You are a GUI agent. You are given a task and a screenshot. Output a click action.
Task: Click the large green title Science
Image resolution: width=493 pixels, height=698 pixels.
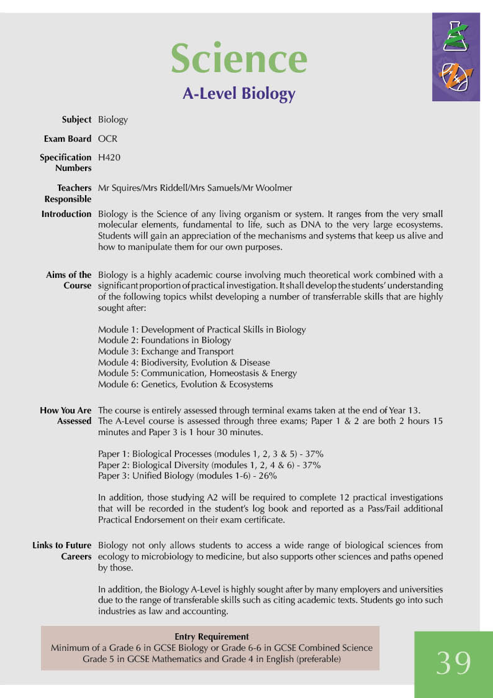(x=239, y=58)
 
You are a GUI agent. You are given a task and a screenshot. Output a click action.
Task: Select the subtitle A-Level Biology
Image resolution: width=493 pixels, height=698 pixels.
(x=239, y=94)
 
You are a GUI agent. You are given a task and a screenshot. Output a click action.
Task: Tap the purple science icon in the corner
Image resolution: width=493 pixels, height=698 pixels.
(x=456, y=57)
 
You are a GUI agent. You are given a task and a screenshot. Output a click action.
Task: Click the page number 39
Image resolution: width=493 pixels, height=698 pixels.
(x=453, y=663)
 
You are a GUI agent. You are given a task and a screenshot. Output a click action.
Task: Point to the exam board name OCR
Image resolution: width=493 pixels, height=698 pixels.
(x=107, y=139)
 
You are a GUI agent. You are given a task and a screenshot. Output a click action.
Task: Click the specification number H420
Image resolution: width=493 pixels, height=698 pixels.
(x=109, y=158)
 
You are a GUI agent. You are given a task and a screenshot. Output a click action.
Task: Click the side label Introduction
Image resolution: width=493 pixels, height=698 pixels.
(x=66, y=214)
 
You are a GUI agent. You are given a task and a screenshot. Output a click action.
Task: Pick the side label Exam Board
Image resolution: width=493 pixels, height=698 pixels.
(x=68, y=139)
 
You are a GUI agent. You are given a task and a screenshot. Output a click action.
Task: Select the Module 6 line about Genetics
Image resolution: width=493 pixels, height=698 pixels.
(x=185, y=384)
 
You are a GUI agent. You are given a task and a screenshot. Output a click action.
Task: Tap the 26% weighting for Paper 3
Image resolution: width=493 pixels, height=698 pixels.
(x=268, y=476)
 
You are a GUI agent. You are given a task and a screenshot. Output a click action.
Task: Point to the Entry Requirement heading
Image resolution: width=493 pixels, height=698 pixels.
(x=212, y=636)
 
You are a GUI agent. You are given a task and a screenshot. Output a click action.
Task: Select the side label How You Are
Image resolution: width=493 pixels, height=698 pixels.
(x=66, y=410)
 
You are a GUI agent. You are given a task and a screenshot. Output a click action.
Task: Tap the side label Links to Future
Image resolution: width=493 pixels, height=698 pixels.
(x=62, y=546)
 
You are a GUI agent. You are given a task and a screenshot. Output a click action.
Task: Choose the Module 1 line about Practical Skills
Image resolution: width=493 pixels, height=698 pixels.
(x=202, y=329)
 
